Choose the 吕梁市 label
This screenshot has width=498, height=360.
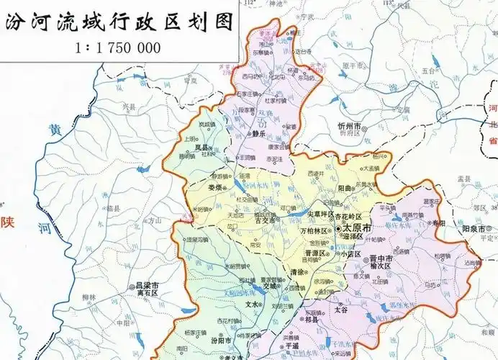[148, 285]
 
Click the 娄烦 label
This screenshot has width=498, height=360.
[214, 188]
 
